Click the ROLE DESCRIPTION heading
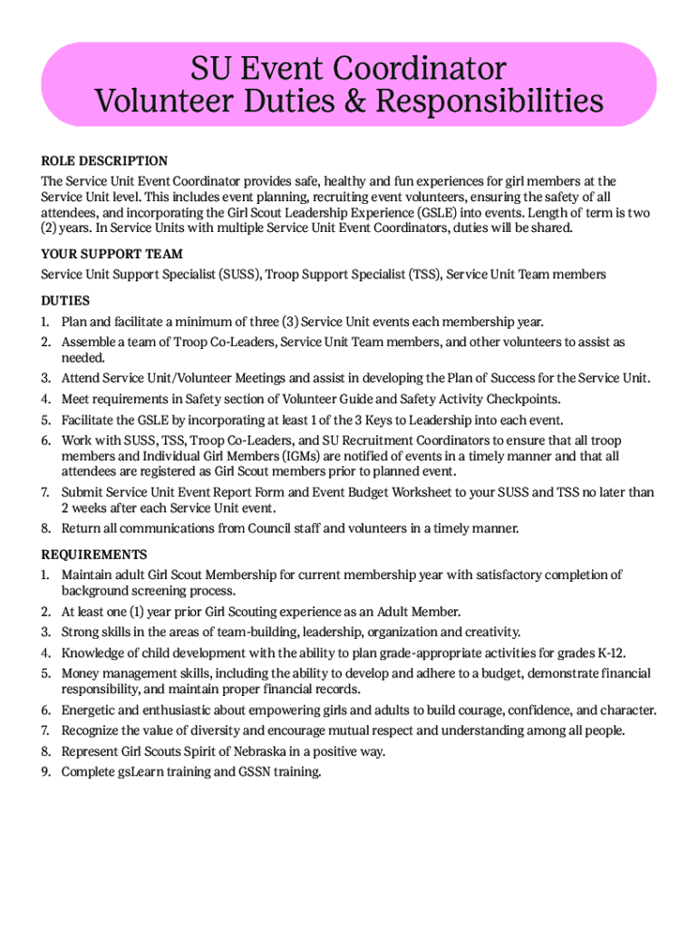tap(104, 161)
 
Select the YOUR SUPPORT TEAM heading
tap(111, 254)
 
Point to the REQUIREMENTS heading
tap(93, 554)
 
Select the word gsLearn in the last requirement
tap(143, 772)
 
